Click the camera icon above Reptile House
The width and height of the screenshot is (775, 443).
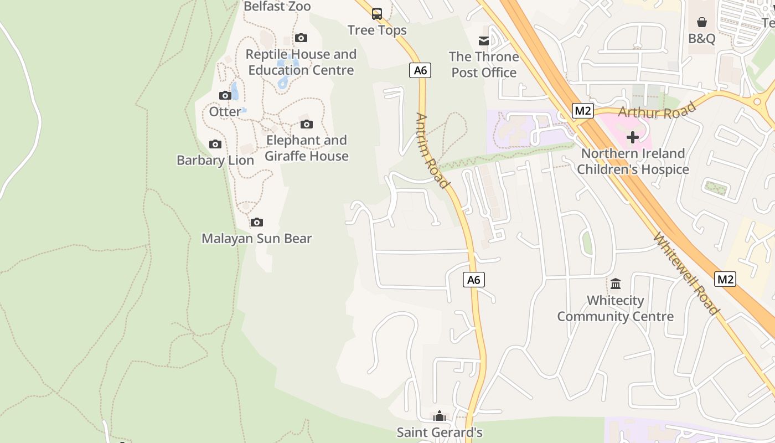(301, 38)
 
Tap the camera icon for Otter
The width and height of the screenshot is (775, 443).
(225, 96)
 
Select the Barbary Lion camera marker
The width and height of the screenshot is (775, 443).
(215, 145)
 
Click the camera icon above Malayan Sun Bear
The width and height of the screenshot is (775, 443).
(257, 223)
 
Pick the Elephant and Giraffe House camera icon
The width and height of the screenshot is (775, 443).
(306, 125)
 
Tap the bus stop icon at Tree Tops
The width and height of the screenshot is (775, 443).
(377, 14)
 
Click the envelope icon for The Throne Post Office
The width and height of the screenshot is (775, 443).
(484, 40)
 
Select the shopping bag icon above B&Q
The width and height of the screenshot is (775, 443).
(702, 22)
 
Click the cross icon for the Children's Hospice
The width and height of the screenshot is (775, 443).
(633, 137)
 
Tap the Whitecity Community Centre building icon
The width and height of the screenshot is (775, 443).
(616, 284)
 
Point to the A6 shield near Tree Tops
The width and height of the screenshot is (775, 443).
(420, 70)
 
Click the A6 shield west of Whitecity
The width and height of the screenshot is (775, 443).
(474, 280)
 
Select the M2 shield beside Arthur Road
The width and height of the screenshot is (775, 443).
(583, 111)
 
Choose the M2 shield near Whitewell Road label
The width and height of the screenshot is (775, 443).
(725, 279)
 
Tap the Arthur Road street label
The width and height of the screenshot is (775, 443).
(657, 109)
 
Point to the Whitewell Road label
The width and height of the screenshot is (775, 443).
(686, 274)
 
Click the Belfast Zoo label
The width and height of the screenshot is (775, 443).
(277, 7)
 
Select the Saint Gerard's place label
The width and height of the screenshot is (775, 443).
(440, 432)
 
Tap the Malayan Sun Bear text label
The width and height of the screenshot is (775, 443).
(257, 239)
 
